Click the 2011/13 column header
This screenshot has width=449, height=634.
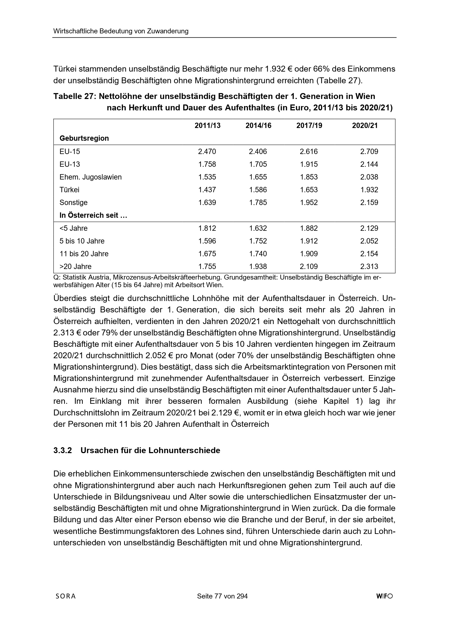(x=207, y=126)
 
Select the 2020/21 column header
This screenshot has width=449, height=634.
(x=365, y=126)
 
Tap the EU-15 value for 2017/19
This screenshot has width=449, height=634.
(x=309, y=152)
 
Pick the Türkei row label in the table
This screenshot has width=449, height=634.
(x=69, y=190)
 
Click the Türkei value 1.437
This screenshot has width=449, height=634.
(x=207, y=190)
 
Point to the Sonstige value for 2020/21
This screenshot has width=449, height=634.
(x=369, y=202)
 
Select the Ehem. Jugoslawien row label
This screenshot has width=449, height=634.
(x=90, y=177)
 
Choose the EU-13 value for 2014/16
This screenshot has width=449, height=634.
(x=258, y=164)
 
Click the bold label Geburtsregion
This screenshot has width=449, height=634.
(x=84, y=138)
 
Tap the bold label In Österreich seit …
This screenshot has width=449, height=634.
(x=93, y=215)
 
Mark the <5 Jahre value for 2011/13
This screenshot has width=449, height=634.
(x=207, y=228)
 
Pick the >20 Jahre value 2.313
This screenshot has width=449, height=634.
(x=369, y=267)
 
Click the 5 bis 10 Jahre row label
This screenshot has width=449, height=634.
(x=82, y=241)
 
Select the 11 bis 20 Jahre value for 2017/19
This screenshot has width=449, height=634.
(x=309, y=254)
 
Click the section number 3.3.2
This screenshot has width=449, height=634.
(x=62, y=450)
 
